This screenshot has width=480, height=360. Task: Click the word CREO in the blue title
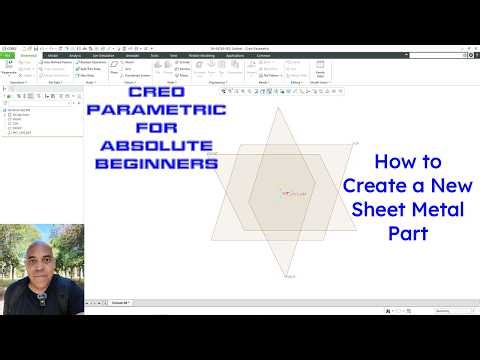(165, 119)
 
